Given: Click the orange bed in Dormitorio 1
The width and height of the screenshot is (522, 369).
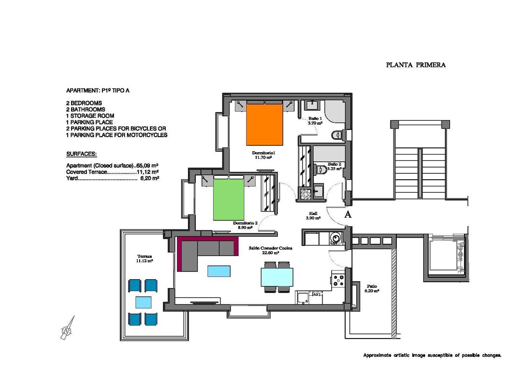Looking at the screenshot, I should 264,125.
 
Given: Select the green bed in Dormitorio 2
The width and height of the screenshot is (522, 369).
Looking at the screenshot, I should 229,199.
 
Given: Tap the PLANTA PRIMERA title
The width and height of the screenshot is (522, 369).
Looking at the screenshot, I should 416,65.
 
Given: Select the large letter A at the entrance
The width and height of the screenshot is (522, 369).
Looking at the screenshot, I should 347,215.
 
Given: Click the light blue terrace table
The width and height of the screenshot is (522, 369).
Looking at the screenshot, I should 144,303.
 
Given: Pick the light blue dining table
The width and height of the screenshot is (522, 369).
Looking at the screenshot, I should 277,278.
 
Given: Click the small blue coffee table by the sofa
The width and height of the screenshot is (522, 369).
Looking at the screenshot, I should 219,271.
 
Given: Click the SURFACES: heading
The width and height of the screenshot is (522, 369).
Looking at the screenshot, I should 81,154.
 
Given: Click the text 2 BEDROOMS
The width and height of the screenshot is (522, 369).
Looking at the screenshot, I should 84,103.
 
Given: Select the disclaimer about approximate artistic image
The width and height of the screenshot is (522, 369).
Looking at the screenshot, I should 432,355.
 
